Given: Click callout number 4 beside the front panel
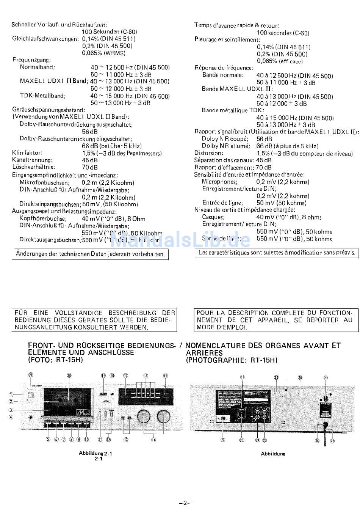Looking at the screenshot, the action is pyautogui.click(x=11, y=417).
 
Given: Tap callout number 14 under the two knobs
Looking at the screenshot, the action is pyautogui.click(x=153, y=440).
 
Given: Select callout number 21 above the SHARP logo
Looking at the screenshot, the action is pyautogui.click(x=30, y=375).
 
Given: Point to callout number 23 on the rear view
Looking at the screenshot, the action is pyautogui.click(x=242, y=440).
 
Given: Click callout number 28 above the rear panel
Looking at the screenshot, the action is pyautogui.click(x=326, y=378).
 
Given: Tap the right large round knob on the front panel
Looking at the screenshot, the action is pyautogui.click(x=163, y=416).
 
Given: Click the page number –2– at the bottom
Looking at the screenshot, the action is pyautogui.click(x=185, y=503).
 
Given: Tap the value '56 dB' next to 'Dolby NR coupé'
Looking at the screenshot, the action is pyautogui.click(x=264, y=139).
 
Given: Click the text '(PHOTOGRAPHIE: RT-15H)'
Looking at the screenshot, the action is pyautogui.click(x=232, y=360).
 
